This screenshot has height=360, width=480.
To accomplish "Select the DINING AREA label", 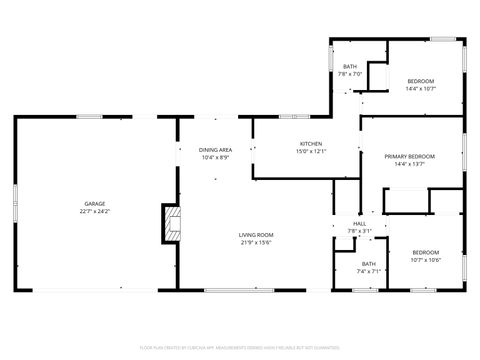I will pyautogui.click(x=215, y=149).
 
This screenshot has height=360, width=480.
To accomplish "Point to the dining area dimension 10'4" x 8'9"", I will pyautogui.click(x=215, y=157).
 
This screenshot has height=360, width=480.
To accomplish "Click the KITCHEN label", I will pyautogui.click(x=310, y=144).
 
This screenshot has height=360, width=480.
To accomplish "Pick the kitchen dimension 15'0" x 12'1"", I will pyautogui.click(x=310, y=152).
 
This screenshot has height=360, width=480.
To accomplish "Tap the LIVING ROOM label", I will pyautogui.click(x=256, y=235).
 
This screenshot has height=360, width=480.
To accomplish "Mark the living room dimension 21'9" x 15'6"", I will pyautogui.click(x=256, y=242).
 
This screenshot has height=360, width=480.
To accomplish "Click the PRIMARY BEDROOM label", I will pyautogui.click(x=410, y=156).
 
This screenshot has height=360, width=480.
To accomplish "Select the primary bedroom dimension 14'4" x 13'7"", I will pyautogui.click(x=410, y=164).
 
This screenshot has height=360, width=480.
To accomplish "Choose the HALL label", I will pyautogui.click(x=359, y=224).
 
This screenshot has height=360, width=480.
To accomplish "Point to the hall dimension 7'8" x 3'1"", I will pyautogui.click(x=359, y=231).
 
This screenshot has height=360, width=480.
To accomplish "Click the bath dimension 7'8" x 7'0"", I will pyautogui.click(x=350, y=74).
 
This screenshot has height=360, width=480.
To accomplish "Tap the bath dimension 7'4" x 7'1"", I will pyautogui.click(x=369, y=271).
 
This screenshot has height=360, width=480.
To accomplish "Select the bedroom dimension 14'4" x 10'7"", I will pyautogui.click(x=420, y=88).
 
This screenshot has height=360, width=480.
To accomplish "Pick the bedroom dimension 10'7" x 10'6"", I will pyautogui.click(x=426, y=260).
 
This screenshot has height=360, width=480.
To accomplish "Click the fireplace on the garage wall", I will pyautogui.click(x=171, y=224).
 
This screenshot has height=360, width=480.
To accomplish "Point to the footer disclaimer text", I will pyautogui.click(x=240, y=347).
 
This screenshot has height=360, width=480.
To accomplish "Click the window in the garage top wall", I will pyautogui.click(x=90, y=117).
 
